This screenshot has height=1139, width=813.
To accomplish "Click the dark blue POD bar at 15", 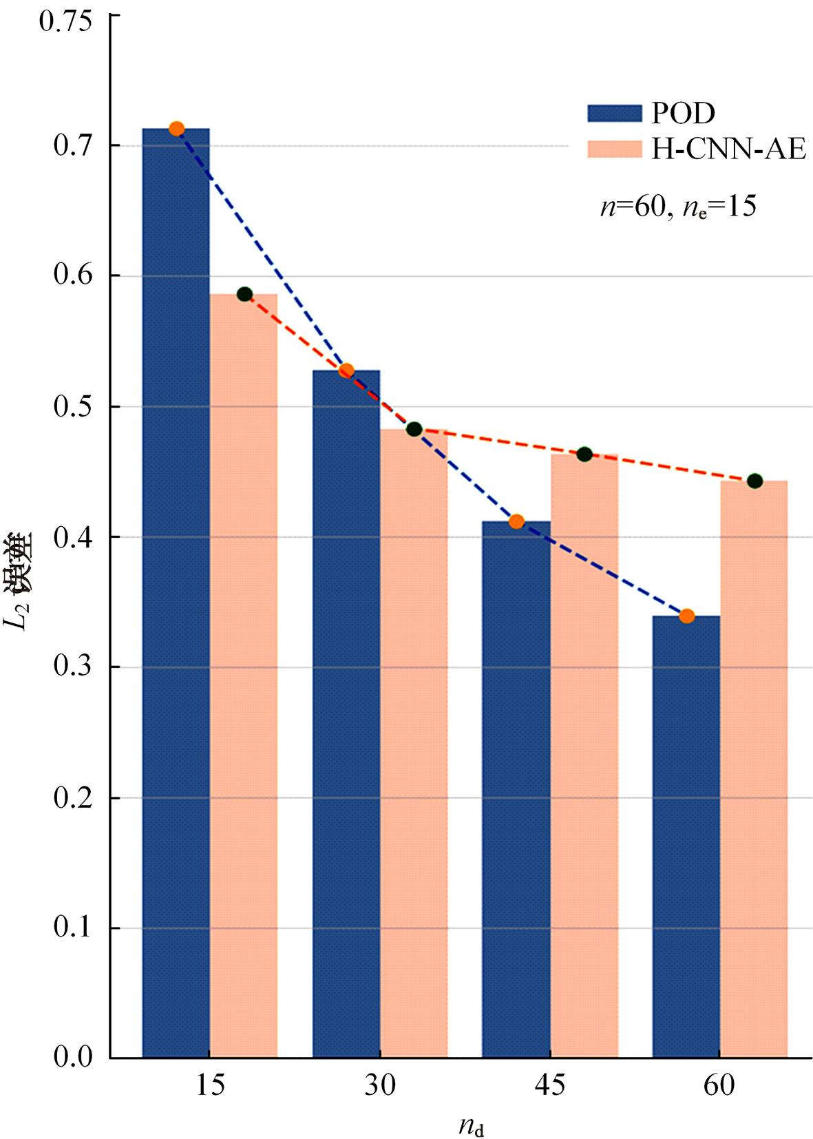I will pyautogui.click(x=176, y=592).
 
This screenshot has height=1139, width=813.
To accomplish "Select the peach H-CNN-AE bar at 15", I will pyautogui.click(x=244, y=675).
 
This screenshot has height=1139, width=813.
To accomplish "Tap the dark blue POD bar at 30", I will pyautogui.click(x=346, y=713).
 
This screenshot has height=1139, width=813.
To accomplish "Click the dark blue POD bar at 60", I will pyautogui.click(x=686, y=837).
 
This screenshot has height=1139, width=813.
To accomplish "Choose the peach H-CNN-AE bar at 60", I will pyautogui.click(x=754, y=768).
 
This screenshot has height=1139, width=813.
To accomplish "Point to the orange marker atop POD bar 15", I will pyautogui.click(x=176, y=129).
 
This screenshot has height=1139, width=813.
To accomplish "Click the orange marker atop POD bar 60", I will pyautogui.click(x=686, y=616).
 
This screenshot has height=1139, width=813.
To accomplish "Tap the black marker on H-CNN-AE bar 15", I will pyautogui.click(x=244, y=294).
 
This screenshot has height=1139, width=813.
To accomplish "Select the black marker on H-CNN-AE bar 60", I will pyautogui.click(x=754, y=481).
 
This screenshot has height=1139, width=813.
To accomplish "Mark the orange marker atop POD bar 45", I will pyautogui.click(x=516, y=522).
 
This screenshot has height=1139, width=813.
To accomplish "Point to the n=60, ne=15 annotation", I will pyautogui.click(x=678, y=206).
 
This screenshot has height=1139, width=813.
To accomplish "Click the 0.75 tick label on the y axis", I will pyautogui.click(x=65, y=21).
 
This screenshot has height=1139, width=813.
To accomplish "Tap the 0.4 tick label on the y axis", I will pyautogui.click(x=72, y=536).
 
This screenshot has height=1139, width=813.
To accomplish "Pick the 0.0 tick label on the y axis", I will pyautogui.click(x=72, y=1057).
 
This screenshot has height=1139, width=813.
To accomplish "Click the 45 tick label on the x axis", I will pyautogui.click(x=549, y=1085).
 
